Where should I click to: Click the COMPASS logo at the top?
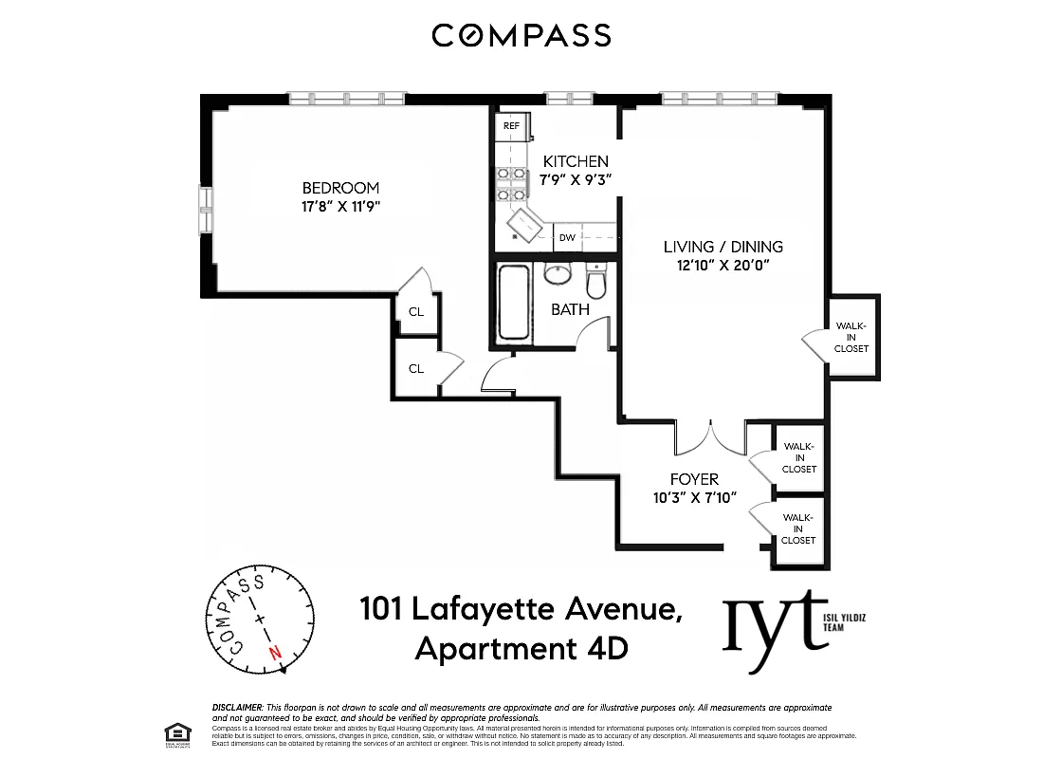click(x=521, y=36)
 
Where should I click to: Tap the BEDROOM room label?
click(x=340, y=188)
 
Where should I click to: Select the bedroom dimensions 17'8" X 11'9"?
click(x=340, y=205)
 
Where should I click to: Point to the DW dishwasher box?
click(x=567, y=238)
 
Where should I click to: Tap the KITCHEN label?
click(x=576, y=161)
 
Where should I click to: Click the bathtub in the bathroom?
click(x=513, y=303)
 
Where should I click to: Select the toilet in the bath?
click(x=595, y=283)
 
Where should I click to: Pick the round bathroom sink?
click(x=557, y=275)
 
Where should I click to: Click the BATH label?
click(x=570, y=309)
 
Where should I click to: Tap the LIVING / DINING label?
click(x=723, y=247)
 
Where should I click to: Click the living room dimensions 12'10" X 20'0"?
click(x=723, y=265)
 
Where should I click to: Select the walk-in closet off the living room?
click(x=851, y=337)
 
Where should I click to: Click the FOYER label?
click(x=694, y=479)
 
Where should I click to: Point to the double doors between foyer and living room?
click(x=711, y=438)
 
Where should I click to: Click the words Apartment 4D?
click(x=521, y=650)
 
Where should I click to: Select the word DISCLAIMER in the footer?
click(x=237, y=708)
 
